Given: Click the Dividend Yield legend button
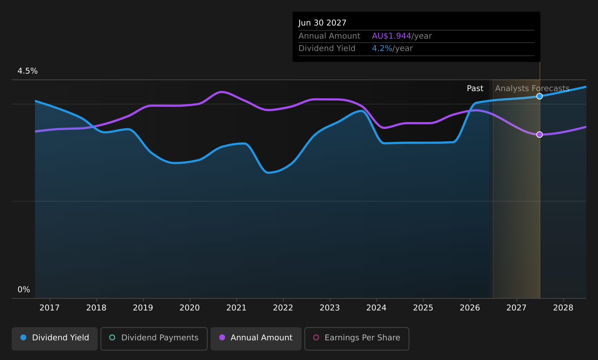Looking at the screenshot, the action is [55, 339].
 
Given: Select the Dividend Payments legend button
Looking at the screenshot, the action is [154, 339].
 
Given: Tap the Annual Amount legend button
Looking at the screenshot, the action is [256, 339].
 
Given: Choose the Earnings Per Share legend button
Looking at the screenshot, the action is [357, 339].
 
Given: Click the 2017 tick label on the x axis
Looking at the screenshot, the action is [50, 308].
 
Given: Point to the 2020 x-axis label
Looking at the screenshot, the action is [189, 308].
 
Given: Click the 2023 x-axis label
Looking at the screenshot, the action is [330, 308].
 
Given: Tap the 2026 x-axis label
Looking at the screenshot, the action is [470, 308].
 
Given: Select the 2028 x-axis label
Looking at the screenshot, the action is [563, 308].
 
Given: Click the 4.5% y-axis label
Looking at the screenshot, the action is [28, 71].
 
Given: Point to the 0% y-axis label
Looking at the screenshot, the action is [24, 290].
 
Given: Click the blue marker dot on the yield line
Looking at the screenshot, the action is [539, 96].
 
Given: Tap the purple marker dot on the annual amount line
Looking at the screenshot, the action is [539, 134].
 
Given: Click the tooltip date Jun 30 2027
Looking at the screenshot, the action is [322, 23].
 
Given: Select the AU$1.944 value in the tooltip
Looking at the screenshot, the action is [392, 36].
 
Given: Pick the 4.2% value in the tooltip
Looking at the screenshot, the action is [382, 48].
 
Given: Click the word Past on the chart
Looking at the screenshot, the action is [475, 89].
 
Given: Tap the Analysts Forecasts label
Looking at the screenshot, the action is [532, 89].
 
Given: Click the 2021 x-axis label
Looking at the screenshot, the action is [236, 308].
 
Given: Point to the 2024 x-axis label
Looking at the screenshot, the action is [377, 308].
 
